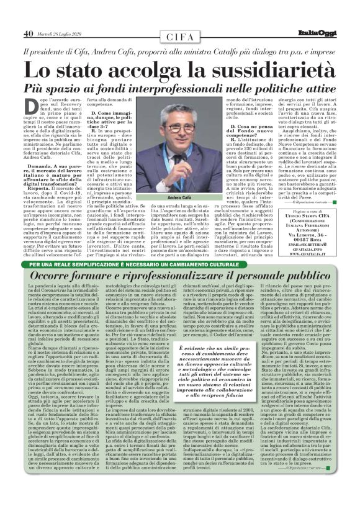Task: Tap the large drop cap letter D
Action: click(32, 108)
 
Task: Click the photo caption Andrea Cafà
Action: click(164, 197)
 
